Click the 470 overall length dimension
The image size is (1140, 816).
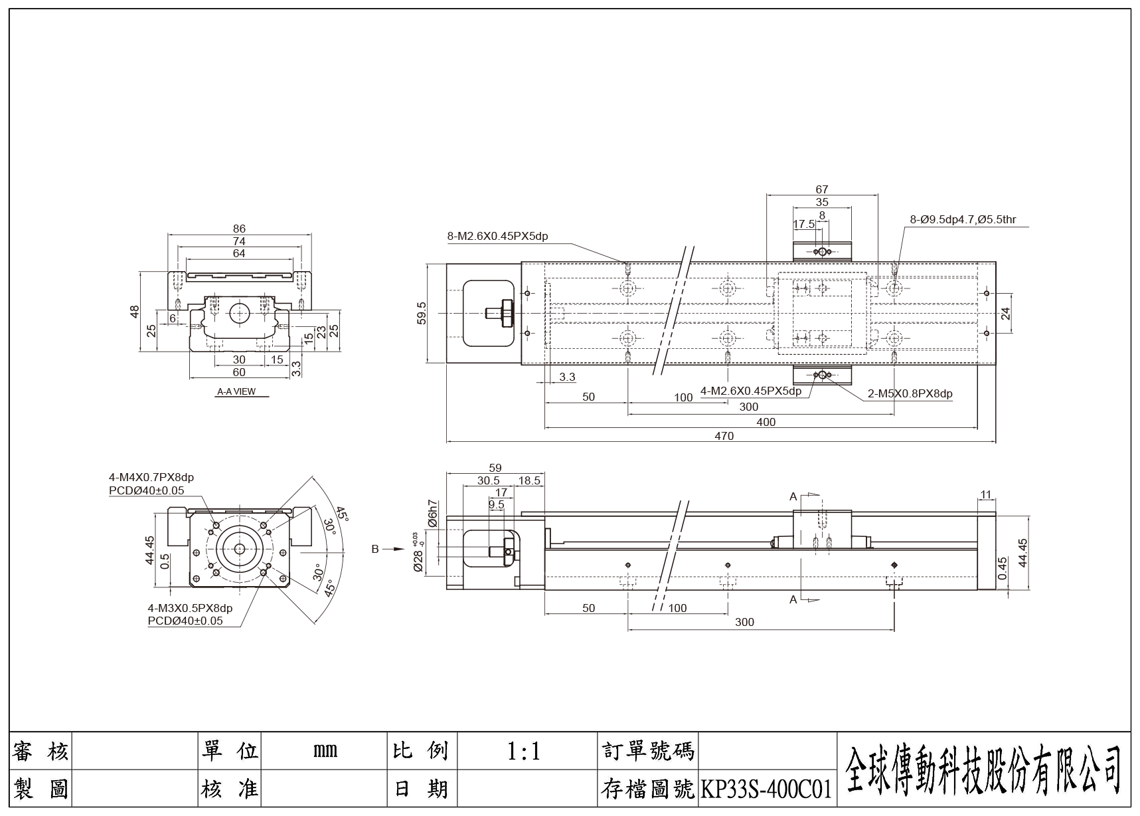click(x=724, y=436)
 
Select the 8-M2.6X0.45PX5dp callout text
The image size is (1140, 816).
click(x=497, y=236)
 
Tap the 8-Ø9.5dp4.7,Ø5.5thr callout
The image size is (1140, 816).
click(x=963, y=219)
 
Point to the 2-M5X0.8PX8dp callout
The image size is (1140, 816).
click(x=910, y=393)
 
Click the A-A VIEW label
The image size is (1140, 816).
click(x=236, y=391)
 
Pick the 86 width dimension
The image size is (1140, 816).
click(x=239, y=229)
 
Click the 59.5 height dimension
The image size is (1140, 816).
click(x=421, y=313)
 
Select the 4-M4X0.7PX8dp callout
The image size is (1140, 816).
click(x=151, y=477)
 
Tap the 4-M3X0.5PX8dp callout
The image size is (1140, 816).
click(x=190, y=608)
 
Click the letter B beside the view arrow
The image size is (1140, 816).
click(x=375, y=549)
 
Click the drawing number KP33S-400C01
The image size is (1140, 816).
click(x=766, y=789)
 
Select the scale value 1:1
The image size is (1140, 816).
click(x=523, y=752)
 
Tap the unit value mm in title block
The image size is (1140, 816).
click(x=325, y=752)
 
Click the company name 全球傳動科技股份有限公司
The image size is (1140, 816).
click(x=983, y=769)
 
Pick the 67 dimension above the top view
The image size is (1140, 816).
click(x=822, y=189)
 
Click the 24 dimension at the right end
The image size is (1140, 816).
click(x=1005, y=313)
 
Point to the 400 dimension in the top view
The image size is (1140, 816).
click(x=766, y=422)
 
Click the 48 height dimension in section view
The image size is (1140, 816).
click(x=135, y=310)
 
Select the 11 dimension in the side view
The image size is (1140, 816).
click(x=985, y=494)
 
